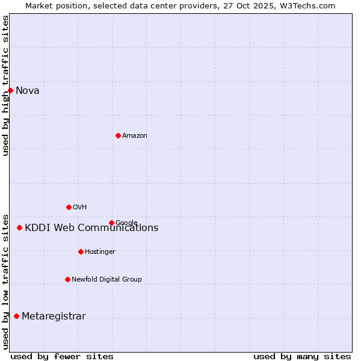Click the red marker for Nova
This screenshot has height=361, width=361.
[x=10, y=90]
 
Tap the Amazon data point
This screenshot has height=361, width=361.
[x=118, y=135]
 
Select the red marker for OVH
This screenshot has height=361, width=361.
[x=69, y=207]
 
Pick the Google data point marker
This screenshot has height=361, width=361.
[x=111, y=223]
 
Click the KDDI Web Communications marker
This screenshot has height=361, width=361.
[x=19, y=227]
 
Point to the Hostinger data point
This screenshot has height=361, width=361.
[x=81, y=251]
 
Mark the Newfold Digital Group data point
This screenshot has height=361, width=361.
[x=67, y=279]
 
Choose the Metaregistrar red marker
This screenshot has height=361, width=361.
[x=16, y=316]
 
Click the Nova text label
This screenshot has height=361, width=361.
[x=27, y=91]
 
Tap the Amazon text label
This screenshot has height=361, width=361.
[x=135, y=136]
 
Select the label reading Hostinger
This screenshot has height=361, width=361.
[x=100, y=251]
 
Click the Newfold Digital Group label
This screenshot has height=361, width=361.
[x=106, y=279]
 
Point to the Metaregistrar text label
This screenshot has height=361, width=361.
[x=54, y=316]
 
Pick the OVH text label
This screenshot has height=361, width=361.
[x=79, y=208]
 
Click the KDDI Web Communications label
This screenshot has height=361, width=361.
[x=91, y=228]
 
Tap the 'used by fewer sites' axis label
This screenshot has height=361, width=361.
[x=62, y=356]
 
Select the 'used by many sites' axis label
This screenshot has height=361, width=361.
[x=302, y=356]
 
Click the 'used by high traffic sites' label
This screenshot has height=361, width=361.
[x=5, y=85]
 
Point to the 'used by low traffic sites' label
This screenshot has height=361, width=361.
[x=5, y=281]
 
